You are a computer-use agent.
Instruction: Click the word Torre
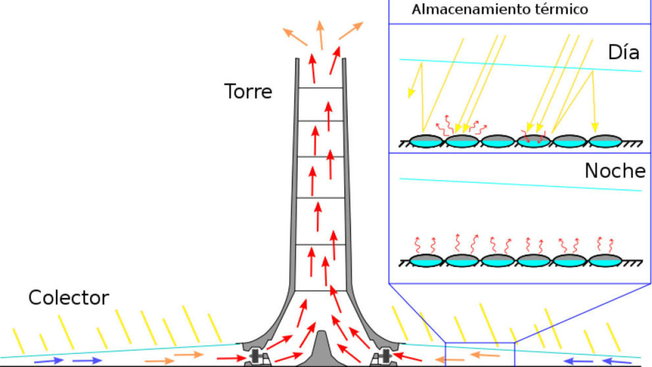248,92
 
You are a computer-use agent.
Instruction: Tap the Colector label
68,298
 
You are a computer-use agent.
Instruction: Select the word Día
623,53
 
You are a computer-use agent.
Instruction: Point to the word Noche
615,171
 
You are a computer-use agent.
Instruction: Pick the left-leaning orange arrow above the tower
295,37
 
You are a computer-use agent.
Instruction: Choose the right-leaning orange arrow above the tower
351,31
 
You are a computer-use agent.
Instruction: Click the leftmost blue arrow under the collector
49,360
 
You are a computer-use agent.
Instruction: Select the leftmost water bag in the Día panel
426,141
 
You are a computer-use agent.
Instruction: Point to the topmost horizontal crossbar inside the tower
321,88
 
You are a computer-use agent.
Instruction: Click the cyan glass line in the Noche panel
520,185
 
